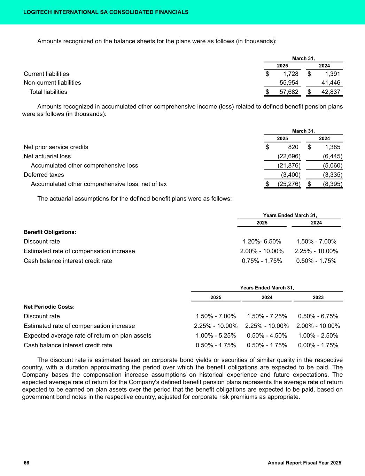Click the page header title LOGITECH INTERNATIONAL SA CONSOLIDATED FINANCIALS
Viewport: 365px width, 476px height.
(x=106, y=12)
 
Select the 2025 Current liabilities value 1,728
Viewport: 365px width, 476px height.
(x=289, y=74)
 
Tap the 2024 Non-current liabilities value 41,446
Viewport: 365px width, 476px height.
(x=331, y=83)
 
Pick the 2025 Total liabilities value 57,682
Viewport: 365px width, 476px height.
(x=289, y=92)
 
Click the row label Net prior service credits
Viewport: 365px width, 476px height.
(x=56, y=147)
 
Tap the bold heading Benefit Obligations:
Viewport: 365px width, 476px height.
(x=50, y=232)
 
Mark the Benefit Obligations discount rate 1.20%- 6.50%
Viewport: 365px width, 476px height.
(x=262, y=242)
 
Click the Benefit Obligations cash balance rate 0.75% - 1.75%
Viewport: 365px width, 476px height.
(x=262, y=261)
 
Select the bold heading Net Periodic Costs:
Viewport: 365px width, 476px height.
(x=49, y=307)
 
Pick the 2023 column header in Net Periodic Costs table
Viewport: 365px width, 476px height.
(x=318, y=297)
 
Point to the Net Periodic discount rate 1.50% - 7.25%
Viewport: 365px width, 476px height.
(x=267, y=316)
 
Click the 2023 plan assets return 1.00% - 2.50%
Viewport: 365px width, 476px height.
(x=318, y=336)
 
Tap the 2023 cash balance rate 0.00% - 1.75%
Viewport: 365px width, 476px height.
(x=318, y=345)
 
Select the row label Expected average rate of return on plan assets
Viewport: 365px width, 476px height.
(x=87, y=336)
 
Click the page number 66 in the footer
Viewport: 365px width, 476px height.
(x=26, y=463)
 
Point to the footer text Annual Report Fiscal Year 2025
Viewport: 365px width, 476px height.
(x=304, y=463)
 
